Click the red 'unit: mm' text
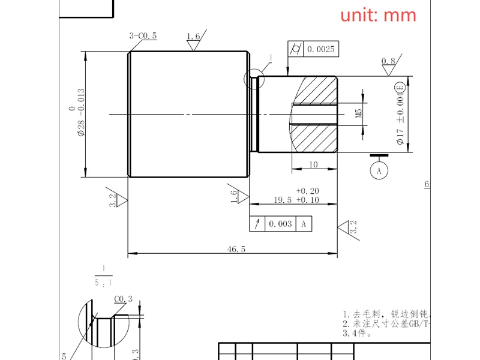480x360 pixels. (x=378, y=15)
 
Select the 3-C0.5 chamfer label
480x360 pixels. (x=143, y=36)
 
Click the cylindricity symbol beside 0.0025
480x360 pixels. (x=296, y=49)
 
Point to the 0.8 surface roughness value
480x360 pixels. (x=388, y=61)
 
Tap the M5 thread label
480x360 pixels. (x=359, y=112)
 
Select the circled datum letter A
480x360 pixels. (x=379, y=171)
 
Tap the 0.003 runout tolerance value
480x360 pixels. (x=280, y=224)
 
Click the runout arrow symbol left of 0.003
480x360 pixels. (x=257, y=224)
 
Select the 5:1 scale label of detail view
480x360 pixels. (x=104, y=281)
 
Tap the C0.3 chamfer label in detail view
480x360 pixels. (x=123, y=299)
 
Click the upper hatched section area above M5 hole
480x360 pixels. (x=315, y=90)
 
